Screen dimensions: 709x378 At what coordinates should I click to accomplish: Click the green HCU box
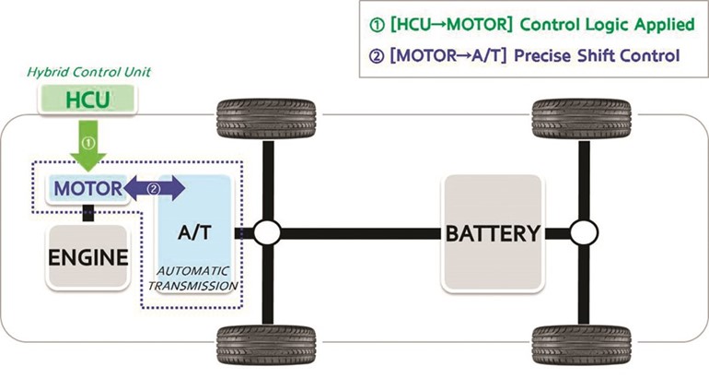pyautogui.click(x=87, y=100)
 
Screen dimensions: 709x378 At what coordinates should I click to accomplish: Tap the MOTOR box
pyautogui.click(x=87, y=189)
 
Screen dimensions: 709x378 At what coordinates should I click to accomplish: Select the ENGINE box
pyautogui.click(x=87, y=256)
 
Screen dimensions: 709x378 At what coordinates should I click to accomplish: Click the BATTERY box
pyautogui.click(x=493, y=233)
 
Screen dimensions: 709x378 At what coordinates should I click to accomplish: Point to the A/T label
pyautogui.click(x=194, y=232)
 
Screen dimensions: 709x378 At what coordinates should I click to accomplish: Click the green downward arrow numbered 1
pyautogui.click(x=88, y=146)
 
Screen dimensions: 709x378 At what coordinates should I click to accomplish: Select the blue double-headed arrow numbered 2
pyautogui.click(x=154, y=189)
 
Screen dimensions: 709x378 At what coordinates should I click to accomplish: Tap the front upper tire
pyautogui.click(x=266, y=119)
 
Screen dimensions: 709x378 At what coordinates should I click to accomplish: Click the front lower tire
pyautogui.click(x=266, y=345)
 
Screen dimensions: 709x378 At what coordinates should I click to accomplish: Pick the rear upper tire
pyautogui.click(x=582, y=119)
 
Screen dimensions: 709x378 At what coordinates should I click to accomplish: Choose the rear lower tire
pyautogui.click(x=582, y=345)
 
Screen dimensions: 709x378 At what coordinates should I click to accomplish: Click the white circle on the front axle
pyautogui.click(x=267, y=232)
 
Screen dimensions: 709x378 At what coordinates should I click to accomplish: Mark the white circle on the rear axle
pyautogui.click(x=584, y=232)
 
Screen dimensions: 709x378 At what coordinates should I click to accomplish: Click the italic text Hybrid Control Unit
pyautogui.click(x=88, y=72)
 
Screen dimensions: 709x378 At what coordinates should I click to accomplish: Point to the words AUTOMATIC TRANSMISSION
pyautogui.click(x=193, y=278)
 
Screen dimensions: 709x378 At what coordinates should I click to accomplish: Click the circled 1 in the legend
pyautogui.click(x=378, y=25)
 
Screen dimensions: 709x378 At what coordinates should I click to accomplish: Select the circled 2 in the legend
pyautogui.click(x=378, y=56)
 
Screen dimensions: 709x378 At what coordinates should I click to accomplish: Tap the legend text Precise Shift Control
pyautogui.click(x=597, y=55)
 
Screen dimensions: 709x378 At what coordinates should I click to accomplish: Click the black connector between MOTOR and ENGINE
pyautogui.click(x=88, y=213)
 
